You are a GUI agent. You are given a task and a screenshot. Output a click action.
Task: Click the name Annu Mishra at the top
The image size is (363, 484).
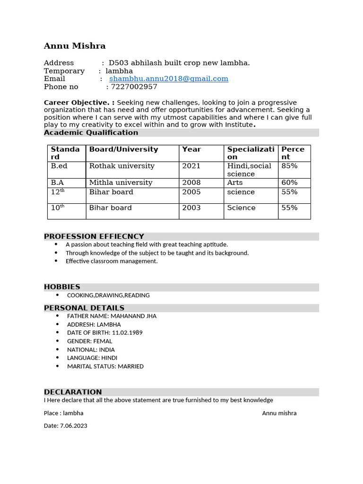click(75, 46)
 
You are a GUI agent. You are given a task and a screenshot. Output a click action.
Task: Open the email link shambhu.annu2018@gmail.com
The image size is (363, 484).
click(168, 79)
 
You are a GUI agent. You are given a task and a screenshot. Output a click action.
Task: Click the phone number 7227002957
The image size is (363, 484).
click(134, 87)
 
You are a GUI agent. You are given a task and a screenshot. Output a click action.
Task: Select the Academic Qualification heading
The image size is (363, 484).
click(91, 133)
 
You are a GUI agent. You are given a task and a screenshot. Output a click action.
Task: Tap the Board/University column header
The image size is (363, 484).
click(123, 149)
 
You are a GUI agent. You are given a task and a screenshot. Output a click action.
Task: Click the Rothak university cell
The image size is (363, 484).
click(122, 166)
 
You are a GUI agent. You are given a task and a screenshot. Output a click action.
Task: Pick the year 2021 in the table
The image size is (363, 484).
click(191, 166)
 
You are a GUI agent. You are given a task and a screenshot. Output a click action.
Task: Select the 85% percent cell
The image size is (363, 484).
click(289, 166)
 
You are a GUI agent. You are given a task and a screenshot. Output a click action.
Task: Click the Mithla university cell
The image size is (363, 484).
click(121, 182)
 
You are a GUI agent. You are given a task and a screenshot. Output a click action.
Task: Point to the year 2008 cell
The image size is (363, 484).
click(191, 182)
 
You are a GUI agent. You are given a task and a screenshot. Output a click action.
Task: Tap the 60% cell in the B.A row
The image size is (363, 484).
click(289, 182)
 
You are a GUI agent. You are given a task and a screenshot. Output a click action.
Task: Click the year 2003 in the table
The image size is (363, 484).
click(191, 208)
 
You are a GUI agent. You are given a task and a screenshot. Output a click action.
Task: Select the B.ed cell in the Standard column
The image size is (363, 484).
click(59, 166)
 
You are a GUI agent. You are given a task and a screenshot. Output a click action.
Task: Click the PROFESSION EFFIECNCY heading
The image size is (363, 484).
click(94, 236)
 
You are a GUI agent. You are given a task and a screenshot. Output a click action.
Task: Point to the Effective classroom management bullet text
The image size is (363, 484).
click(112, 261)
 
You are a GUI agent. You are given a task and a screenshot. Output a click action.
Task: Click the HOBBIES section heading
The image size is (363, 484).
click(62, 287)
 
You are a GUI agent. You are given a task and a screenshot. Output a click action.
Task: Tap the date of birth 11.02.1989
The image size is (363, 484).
click(127, 333)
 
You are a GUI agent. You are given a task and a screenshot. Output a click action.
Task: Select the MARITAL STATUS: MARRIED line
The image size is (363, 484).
click(105, 366)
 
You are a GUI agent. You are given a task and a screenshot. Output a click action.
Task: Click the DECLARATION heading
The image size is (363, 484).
click(73, 392)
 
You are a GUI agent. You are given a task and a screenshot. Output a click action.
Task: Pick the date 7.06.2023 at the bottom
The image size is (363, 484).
click(73, 426)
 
